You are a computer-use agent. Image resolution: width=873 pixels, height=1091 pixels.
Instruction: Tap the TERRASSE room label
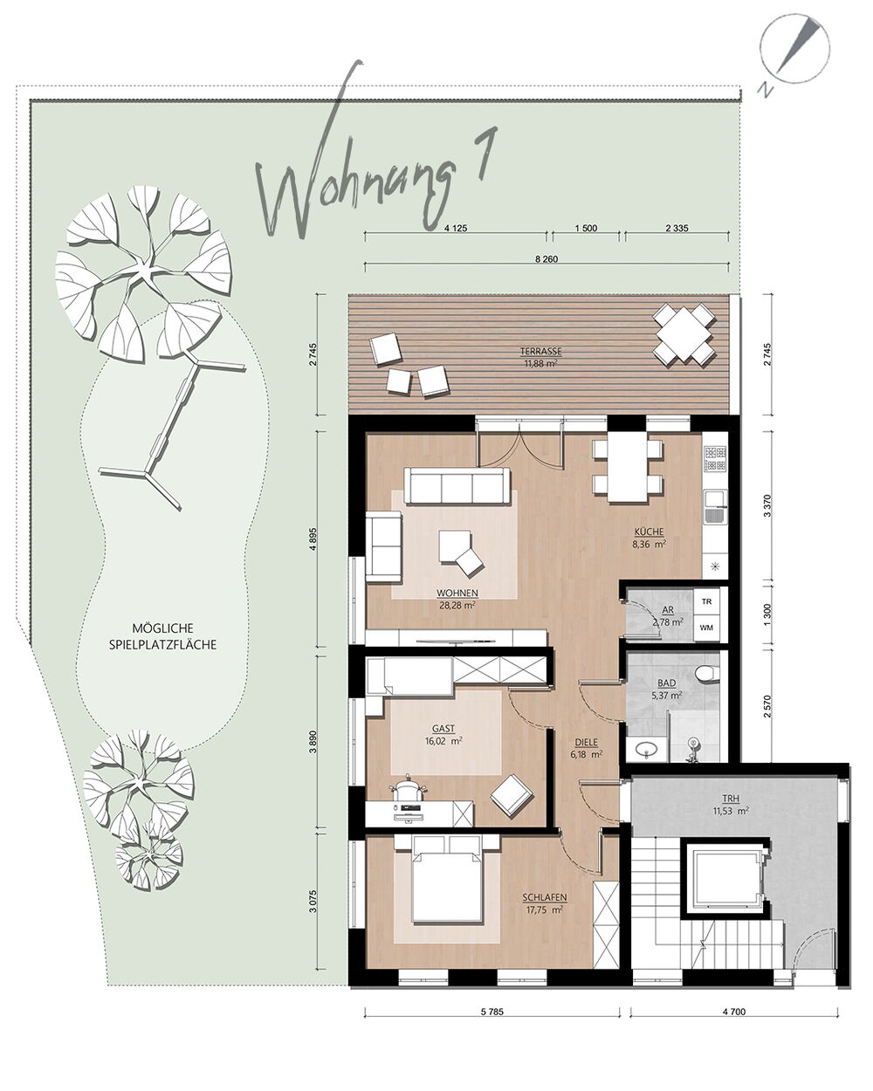pyautogui.click(x=540, y=351)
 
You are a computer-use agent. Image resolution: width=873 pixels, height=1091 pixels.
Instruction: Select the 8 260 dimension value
pyautogui.click(x=546, y=259)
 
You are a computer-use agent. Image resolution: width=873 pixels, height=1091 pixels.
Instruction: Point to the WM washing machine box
pyautogui.click(x=706, y=628)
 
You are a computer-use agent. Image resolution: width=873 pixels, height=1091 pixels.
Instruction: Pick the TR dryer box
pyautogui.click(x=706, y=601)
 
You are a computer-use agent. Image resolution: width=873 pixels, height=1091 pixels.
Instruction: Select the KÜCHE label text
pyautogui.click(x=649, y=532)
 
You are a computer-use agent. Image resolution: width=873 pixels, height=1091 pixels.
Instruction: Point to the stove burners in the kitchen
pyautogui.click(x=714, y=459)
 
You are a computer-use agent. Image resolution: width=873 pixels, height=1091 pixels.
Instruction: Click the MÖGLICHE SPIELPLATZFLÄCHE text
pyautogui.click(x=163, y=636)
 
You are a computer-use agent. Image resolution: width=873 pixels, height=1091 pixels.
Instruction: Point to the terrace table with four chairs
pyautogui.click(x=684, y=334)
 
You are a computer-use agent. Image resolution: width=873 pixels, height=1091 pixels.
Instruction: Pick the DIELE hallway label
pyautogui.click(x=586, y=743)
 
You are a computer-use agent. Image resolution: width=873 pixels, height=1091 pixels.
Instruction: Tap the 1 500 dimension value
pyautogui.click(x=586, y=228)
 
